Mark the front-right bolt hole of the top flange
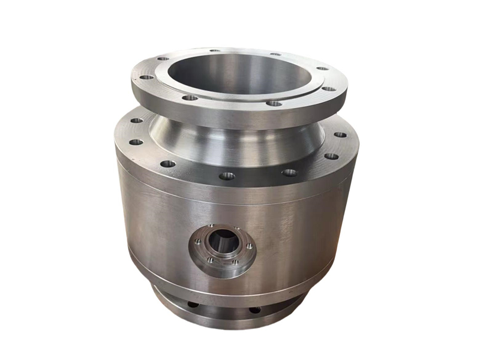tap(274, 103)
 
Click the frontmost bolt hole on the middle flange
tap(227, 176)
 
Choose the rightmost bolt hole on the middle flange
tap(340, 135)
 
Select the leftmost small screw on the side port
tap(197, 242)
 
